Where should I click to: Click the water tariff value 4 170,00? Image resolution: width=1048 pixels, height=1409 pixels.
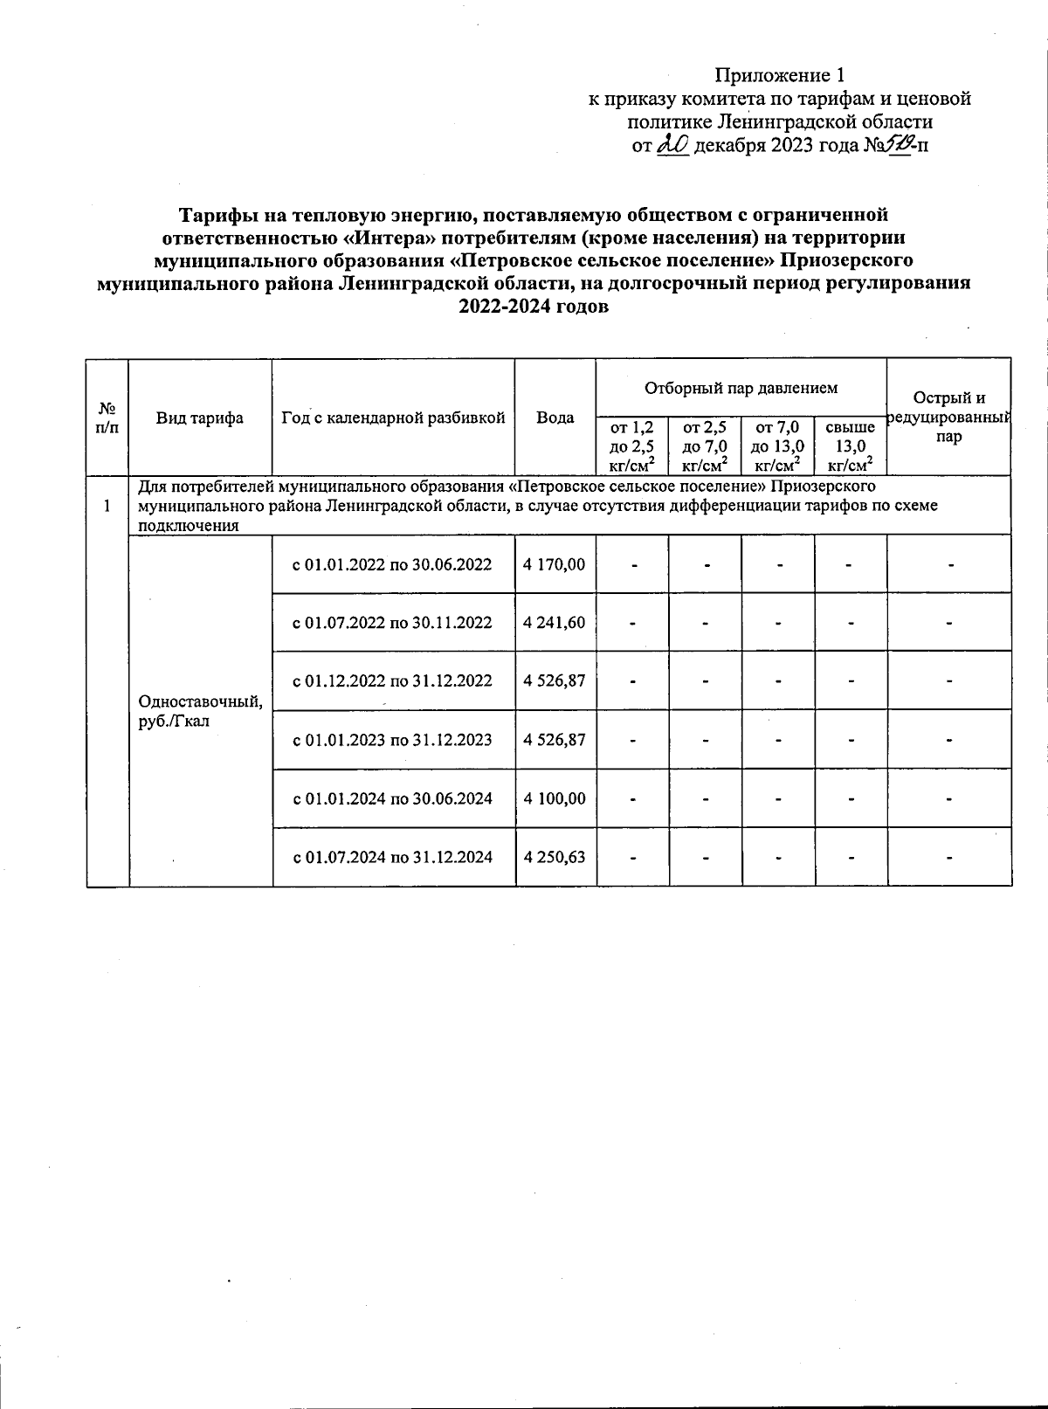click(x=554, y=564)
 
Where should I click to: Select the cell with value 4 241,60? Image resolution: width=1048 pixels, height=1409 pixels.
click(x=554, y=623)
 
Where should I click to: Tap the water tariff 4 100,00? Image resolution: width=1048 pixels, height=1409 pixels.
click(x=554, y=798)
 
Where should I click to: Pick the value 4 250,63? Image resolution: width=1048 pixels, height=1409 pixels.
click(x=554, y=857)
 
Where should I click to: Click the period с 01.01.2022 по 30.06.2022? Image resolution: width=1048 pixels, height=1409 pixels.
click(x=392, y=564)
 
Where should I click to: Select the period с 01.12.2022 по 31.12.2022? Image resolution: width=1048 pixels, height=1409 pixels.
click(x=392, y=681)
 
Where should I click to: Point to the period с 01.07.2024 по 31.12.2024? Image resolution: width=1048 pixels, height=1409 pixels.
click(x=392, y=857)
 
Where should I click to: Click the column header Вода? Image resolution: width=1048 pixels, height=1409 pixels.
click(x=555, y=418)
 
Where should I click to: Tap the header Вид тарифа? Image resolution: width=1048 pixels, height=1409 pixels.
click(x=200, y=418)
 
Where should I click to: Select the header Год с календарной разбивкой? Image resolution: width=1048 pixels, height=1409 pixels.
click(x=394, y=418)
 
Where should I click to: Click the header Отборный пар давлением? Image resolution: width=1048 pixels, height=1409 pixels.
click(x=741, y=387)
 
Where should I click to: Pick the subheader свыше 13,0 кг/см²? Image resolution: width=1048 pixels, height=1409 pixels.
click(x=850, y=446)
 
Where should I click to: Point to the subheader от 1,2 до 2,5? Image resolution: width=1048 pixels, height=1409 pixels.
click(x=632, y=446)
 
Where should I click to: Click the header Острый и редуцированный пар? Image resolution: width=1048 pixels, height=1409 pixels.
click(x=948, y=418)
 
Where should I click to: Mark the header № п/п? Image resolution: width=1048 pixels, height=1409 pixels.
click(x=107, y=418)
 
